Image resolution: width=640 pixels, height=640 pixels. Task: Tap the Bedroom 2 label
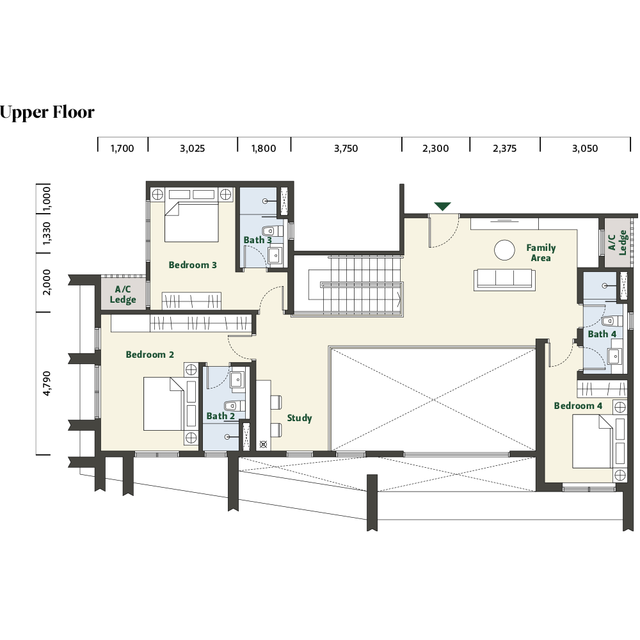click(150, 355)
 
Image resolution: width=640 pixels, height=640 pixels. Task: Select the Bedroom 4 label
click(578, 406)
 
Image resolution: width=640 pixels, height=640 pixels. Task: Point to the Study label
click(300, 419)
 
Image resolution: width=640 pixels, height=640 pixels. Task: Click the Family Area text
click(541, 253)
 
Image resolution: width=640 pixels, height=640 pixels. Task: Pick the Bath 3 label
click(257, 241)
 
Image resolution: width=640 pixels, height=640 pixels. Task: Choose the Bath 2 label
click(220, 416)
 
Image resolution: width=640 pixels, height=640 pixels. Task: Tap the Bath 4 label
click(602, 334)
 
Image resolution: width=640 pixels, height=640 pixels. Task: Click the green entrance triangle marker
click(442, 207)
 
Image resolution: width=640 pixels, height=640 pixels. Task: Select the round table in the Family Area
click(504, 250)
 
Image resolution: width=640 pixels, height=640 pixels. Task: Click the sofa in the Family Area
click(504, 280)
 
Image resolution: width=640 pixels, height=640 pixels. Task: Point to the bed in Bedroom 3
click(191, 221)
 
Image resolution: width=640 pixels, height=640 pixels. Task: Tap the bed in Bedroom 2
click(164, 404)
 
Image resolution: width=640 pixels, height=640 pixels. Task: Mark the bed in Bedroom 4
click(592, 442)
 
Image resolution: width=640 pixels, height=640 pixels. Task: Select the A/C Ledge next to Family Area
click(616, 243)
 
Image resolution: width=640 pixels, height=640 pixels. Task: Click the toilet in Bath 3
click(269, 230)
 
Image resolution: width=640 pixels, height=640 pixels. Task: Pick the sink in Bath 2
click(236, 378)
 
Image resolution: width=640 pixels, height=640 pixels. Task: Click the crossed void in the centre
click(432, 401)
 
